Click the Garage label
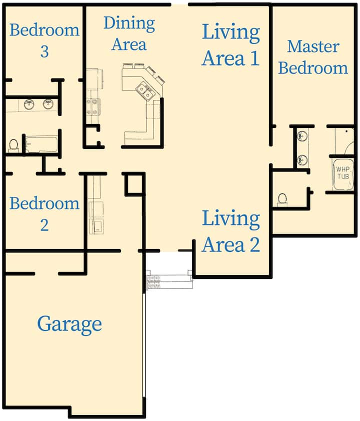point(69,324)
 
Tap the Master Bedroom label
point(313,57)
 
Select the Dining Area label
point(129,33)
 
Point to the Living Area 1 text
point(231,45)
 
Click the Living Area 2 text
point(231,231)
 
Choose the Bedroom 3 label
point(44,40)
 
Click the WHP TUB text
point(343,173)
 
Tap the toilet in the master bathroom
point(282,200)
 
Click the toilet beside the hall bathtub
point(13,145)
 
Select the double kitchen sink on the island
point(144,91)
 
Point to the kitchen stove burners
point(92,107)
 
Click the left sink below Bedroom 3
point(29,104)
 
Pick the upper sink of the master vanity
point(302,135)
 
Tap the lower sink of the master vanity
point(302,160)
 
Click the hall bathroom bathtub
point(41,144)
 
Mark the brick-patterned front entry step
point(153,282)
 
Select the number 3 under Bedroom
point(44,51)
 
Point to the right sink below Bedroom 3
point(48,104)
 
